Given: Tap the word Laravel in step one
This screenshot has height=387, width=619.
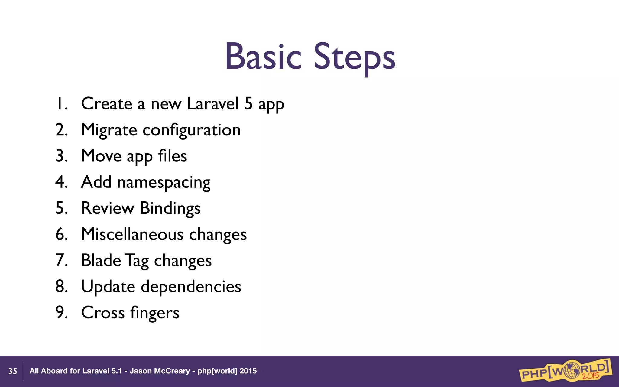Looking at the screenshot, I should coord(213,104).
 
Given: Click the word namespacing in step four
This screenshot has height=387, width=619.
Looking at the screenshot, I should coord(164,183).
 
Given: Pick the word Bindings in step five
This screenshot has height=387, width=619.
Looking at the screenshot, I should coord(170,209).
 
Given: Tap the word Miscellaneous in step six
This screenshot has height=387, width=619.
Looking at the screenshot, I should coord(132,234).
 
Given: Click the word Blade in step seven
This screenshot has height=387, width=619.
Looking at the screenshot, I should coord(101,260).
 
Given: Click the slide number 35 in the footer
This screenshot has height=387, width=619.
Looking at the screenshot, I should coord(13,371).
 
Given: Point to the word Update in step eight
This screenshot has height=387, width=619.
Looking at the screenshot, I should coord(108,287).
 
